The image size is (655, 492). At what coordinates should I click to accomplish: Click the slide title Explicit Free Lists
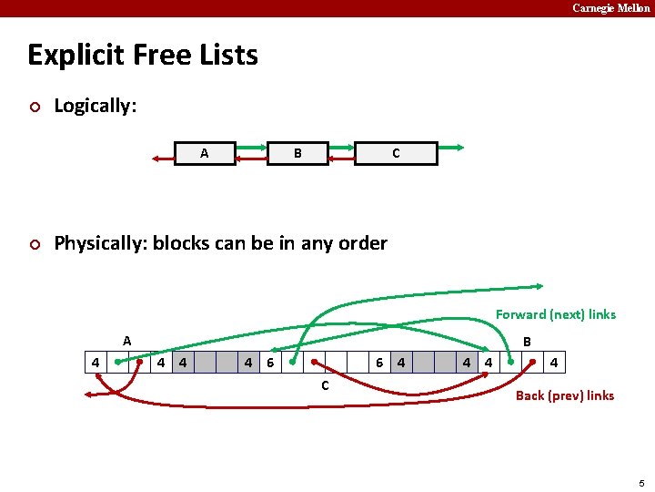click(143, 56)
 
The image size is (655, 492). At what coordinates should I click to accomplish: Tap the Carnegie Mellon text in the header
click(610, 8)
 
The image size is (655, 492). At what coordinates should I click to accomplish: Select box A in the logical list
click(204, 153)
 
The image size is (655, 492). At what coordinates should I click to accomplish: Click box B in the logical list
click(297, 153)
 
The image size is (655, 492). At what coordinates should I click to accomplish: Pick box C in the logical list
click(396, 153)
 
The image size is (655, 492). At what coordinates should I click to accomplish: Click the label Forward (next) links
click(555, 314)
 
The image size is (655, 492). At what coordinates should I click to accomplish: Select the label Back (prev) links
click(564, 395)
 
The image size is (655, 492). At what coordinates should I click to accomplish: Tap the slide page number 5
click(641, 483)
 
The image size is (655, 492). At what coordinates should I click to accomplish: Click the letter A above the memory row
click(127, 341)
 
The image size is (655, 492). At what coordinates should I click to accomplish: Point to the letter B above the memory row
click(527, 343)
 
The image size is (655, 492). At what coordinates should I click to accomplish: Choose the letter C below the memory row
click(325, 384)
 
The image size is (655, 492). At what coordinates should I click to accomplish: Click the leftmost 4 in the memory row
click(96, 363)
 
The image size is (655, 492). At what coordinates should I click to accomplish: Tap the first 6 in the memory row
click(270, 363)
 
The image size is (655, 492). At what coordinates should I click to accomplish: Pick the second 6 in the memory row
click(378, 363)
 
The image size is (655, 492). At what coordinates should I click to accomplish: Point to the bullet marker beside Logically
click(34, 107)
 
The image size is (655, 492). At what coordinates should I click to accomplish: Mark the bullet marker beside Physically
click(34, 244)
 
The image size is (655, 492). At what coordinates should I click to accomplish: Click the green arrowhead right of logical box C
click(461, 147)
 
